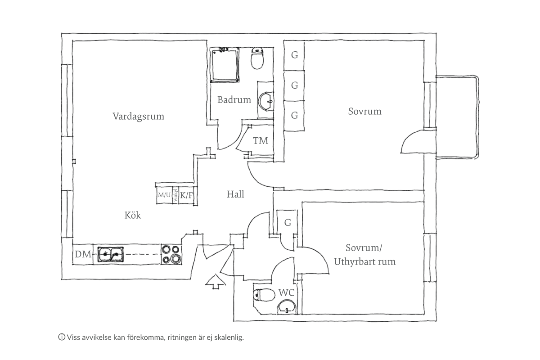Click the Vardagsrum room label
[138, 116]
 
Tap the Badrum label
[234, 100]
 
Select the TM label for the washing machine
[261, 141]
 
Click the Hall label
[235, 194]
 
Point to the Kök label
[133, 216]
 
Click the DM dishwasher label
[83, 255]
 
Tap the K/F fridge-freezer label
[187, 195]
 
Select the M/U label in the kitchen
[164, 195]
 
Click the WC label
[286, 293]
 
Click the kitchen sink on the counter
[111, 255]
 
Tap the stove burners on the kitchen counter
[172, 255]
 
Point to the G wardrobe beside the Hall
[288, 222]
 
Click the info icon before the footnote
[61, 337]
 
